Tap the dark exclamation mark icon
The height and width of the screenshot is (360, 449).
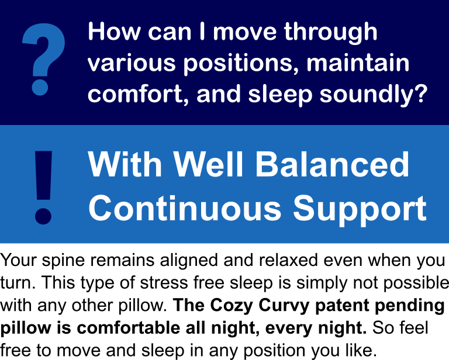pyautogui.click(x=43, y=187)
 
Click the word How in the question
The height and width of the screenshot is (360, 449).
pyautogui.click(x=114, y=32)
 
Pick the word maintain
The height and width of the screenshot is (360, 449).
pyautogui.click(x=358, y=63)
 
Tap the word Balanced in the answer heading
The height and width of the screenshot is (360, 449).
pyautogui.click(x=333, y=165)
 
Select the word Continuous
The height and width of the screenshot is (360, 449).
pyautogui.click(x=185, y=208)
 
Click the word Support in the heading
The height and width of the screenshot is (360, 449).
pyautogui.click(x=360, y=210)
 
